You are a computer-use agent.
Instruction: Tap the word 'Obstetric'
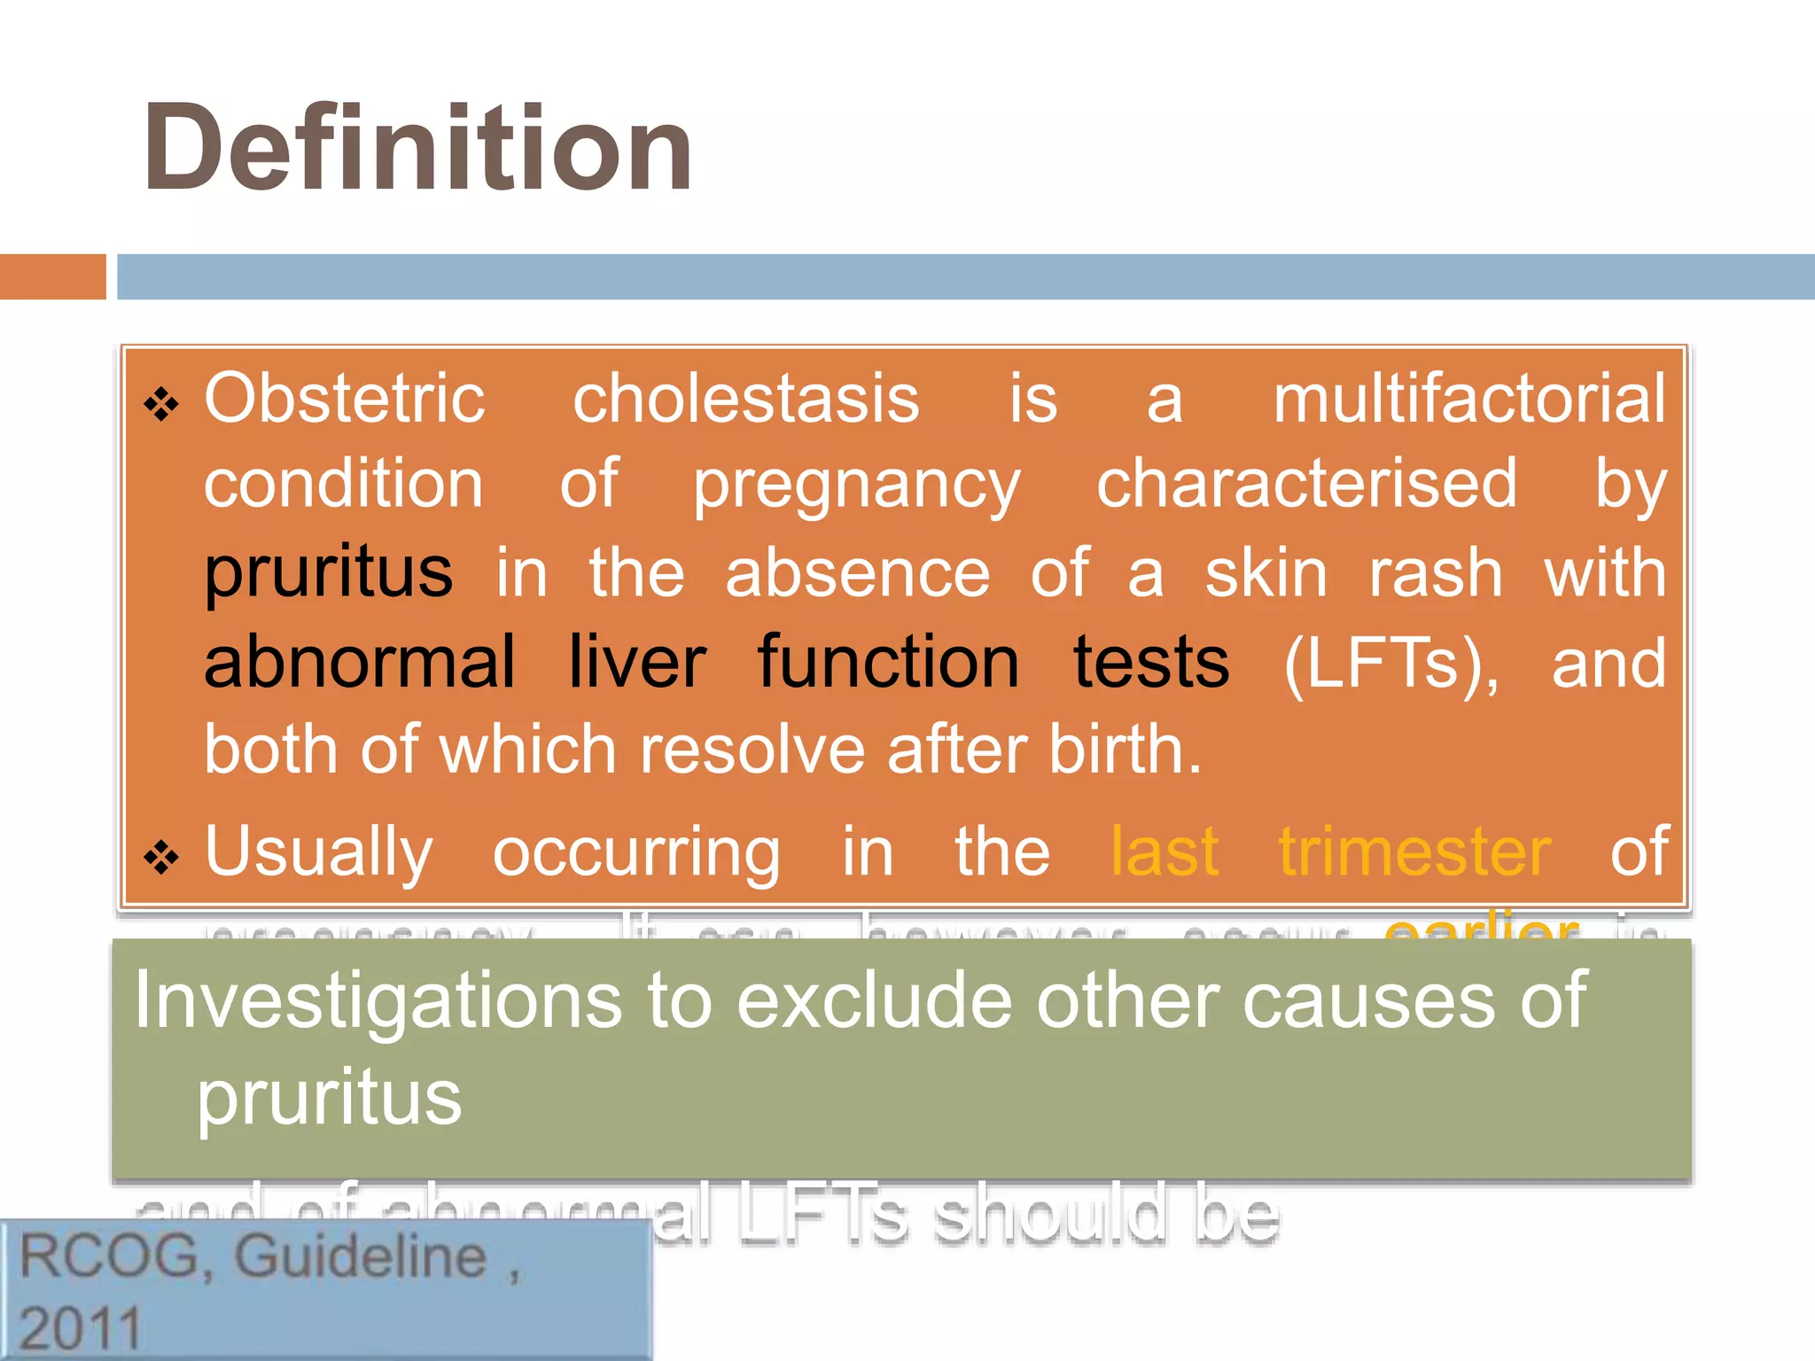click(345, 399)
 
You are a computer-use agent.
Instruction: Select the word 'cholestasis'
click(746, 399)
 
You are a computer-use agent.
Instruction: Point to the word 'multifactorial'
click(1469, 399)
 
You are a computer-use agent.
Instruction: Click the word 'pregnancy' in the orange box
click(856, 486)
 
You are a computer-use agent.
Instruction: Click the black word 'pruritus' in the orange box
click(329, 573)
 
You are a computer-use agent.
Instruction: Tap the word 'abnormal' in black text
click(359, 662)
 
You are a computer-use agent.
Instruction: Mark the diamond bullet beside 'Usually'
click(161, 858)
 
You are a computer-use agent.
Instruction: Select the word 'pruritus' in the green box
click(329, 1099)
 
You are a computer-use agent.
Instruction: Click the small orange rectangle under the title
click(52, 276)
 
